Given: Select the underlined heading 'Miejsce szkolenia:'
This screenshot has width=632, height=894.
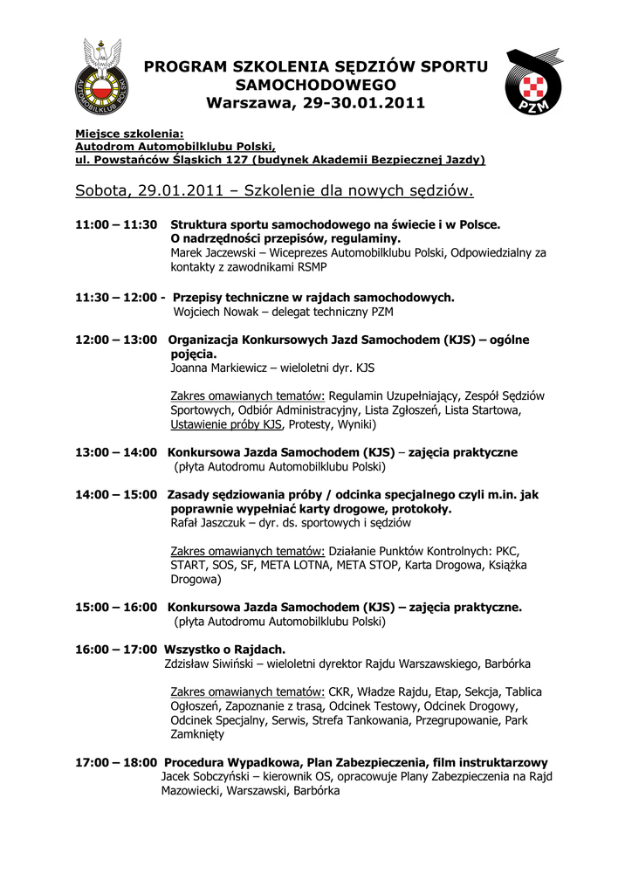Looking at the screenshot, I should click(x=129, y=134).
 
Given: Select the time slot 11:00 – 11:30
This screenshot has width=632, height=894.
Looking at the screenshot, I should click(x=116, y=224).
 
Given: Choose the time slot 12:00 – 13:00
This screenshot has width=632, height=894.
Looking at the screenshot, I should click(x=116, y=339).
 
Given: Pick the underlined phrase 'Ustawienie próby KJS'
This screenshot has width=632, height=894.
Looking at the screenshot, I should click(x=226, y=425).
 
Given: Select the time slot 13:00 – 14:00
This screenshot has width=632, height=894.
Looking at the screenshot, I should click(x=116, y=452).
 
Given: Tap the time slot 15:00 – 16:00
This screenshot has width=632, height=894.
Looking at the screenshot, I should click(x=116, y=607).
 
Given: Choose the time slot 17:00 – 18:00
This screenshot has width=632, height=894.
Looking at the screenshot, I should click(x=116, y=762).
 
